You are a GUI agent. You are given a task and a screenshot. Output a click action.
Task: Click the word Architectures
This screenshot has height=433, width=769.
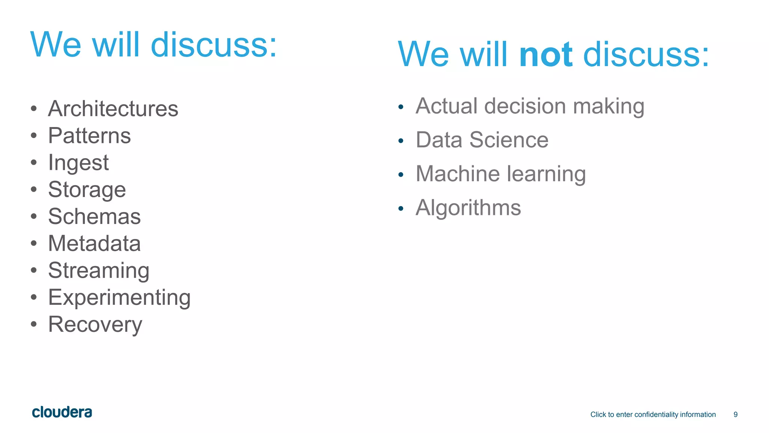[113, 109]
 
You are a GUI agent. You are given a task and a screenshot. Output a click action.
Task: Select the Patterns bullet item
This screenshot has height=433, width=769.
[89, 136]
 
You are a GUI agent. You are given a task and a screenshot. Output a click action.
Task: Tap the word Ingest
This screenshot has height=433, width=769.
[78, 163]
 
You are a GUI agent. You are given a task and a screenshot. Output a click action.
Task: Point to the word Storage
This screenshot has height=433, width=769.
[87, 190]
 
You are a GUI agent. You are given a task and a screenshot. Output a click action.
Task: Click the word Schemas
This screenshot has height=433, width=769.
[94, 217]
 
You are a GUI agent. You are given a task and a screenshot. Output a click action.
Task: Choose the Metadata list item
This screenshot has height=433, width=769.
[94, 244]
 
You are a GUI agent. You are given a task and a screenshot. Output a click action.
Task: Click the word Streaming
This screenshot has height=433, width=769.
[99, 271]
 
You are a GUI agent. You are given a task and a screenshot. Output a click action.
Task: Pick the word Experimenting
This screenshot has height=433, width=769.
[119, 298]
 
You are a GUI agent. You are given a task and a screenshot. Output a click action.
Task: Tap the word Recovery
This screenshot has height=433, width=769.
[95, 324]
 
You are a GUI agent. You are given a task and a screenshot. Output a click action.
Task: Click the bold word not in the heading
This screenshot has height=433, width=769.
[545, 55]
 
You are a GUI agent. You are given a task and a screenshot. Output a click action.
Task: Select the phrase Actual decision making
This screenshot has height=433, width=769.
[530, 106]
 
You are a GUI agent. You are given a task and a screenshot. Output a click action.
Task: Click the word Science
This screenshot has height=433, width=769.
[509, 140]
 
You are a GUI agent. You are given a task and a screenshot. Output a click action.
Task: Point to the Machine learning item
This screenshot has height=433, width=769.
[501, 174]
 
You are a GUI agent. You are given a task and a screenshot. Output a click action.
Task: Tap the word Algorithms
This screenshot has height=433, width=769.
[468, 208]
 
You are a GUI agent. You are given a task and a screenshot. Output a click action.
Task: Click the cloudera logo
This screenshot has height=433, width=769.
[62, 412]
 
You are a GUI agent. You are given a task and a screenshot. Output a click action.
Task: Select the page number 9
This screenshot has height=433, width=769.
[735, 415]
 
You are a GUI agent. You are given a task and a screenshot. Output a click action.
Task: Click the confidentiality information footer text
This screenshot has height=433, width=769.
[653, 415]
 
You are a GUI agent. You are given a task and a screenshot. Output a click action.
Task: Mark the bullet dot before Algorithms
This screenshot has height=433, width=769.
[401, 209]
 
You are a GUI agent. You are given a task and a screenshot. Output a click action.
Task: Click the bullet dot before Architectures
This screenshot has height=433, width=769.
[34, 109]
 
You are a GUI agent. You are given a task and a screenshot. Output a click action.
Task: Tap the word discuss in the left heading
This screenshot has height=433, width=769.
[213, 45]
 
